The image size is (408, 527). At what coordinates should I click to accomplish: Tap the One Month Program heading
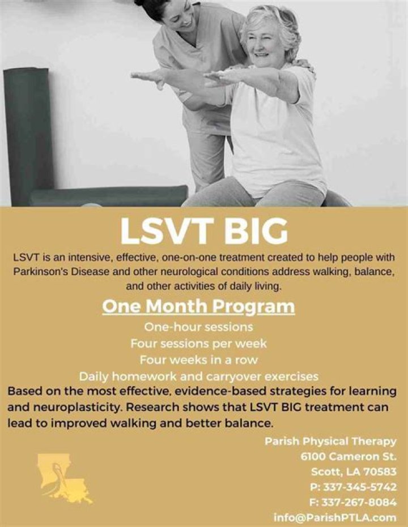tap(198, 306)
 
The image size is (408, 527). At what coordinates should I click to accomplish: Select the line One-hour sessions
tap(198, 327)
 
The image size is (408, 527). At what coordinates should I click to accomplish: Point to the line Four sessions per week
tap(198, 344)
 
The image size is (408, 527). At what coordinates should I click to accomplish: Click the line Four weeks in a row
tap(198, 359)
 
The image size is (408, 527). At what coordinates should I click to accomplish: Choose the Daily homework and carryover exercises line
tap(198, 376)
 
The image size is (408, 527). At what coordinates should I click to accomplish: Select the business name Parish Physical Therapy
tap(330, 442)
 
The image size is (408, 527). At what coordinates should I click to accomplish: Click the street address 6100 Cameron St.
tap(348, 457)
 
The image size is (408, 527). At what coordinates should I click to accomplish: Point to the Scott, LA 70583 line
tap(354, 472)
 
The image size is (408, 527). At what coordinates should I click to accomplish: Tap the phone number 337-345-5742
tap(360, 487)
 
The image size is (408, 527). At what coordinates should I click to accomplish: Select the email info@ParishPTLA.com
tap(334, 517)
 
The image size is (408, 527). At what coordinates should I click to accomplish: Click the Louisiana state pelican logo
tap(63, 479)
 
